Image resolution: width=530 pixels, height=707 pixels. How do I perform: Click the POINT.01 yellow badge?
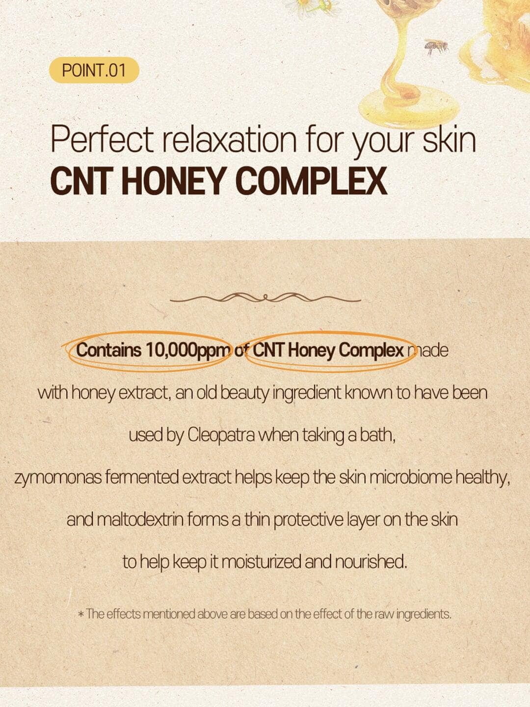(x=94, y=71)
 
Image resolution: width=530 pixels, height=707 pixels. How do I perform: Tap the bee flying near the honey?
(x=436, y=48)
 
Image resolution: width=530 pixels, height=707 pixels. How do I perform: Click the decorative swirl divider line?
(x=265, y=298)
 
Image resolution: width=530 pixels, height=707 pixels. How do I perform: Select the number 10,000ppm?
(x=189, y=351)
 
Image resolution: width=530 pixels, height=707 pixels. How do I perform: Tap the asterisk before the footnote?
(x=81, y=614)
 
